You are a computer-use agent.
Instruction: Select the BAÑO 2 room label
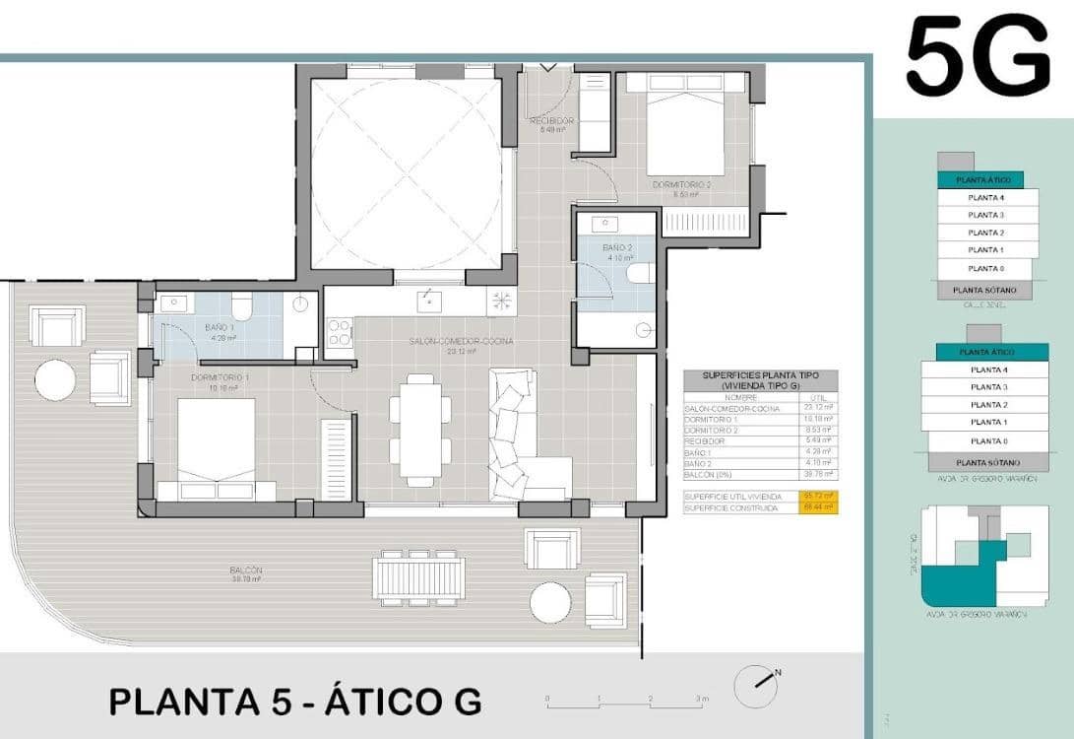[618, 248]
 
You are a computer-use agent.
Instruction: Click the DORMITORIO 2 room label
[680, 184]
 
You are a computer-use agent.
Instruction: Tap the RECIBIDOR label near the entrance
[551, 121]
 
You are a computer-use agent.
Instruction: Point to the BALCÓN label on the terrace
[245, 571]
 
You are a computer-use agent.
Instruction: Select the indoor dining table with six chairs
[420, 430]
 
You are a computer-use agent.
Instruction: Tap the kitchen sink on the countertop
[428, 300]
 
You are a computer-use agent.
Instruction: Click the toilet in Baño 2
[641, 273]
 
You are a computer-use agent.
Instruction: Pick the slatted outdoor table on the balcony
[419, 576]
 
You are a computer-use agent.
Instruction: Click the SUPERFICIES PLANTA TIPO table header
[760, 380]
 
